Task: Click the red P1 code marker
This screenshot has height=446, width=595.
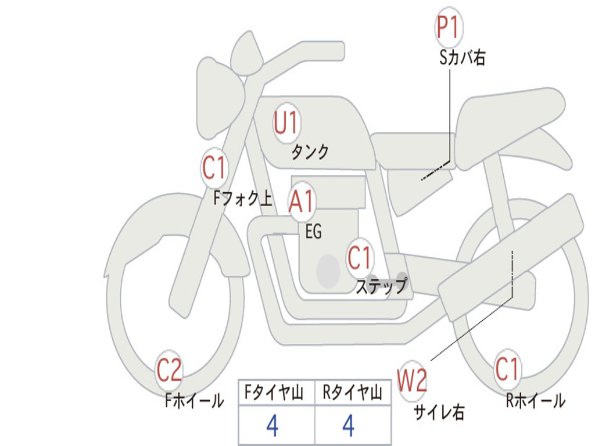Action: (449, 27)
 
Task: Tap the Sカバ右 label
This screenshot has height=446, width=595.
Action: (462, 57)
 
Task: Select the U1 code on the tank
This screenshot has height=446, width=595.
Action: (286, 123)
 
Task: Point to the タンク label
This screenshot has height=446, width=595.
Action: (310, 152)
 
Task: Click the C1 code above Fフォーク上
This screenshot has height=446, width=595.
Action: (214, 167)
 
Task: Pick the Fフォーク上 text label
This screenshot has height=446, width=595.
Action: (243, 198)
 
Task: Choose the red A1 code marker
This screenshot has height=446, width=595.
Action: (302, 200)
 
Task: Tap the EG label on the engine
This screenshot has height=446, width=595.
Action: (313, 231)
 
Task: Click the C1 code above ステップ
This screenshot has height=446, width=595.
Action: (359, 257)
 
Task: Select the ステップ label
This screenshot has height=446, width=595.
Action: (382, 286)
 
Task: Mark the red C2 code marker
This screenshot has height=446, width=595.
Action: (169, 370)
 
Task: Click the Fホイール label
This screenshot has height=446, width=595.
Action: (194, 401)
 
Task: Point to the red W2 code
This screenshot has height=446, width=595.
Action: (412, 380)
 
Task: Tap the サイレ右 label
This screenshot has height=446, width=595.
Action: (439, 412)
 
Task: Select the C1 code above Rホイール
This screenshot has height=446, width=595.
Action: (507, 369)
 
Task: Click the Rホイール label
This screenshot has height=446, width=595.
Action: (535, 401)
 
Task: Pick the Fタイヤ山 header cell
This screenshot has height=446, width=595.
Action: (277, 392)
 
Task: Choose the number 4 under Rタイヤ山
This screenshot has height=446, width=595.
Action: (349, 426)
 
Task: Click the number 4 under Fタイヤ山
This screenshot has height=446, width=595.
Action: (273, 426)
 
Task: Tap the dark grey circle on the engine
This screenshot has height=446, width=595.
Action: (328, 271)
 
